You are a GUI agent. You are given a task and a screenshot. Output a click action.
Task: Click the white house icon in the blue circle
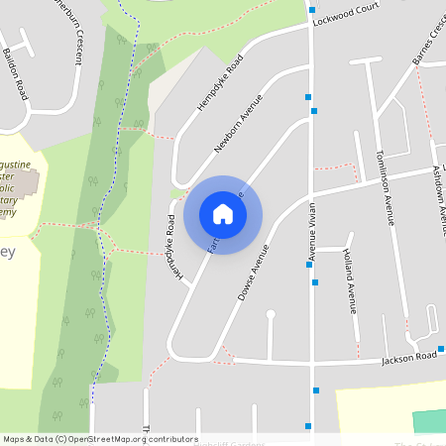coord(222,213)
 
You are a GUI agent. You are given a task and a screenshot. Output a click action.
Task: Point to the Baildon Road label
coord(14,73)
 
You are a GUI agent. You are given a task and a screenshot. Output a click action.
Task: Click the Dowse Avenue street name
coord(254,274)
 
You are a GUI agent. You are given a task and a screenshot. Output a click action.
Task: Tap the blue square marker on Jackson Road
coord(441,349)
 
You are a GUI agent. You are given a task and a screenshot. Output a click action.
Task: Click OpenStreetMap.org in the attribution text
coord(106,438)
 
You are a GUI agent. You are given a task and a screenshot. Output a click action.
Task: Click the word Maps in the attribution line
coord(15,438)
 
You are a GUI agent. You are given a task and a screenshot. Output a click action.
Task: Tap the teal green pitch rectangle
coord(429,420)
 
